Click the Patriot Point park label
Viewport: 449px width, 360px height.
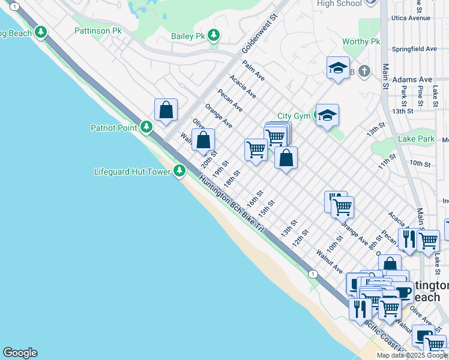(x=114, y=127)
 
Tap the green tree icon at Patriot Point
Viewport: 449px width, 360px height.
(x=146, y=127)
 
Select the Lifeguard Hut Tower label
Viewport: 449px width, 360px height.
(x=133, y=172)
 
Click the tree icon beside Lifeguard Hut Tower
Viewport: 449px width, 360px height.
(x=179, y=171)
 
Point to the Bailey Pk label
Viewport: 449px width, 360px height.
(x=188, y=36)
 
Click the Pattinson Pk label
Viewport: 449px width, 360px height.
(x=98, y=30)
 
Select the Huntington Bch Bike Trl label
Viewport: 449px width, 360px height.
(x=232, y=204)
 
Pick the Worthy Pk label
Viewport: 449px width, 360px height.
(x=361, y=41)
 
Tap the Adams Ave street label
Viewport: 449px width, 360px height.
(x=412, y=79)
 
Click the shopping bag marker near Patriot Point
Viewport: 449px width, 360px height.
(x=166, y=110)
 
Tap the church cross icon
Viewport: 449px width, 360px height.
(x=364, y=72)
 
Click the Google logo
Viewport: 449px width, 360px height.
(x=20, y=353)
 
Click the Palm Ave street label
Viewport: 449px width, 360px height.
(x=254, y=70)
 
